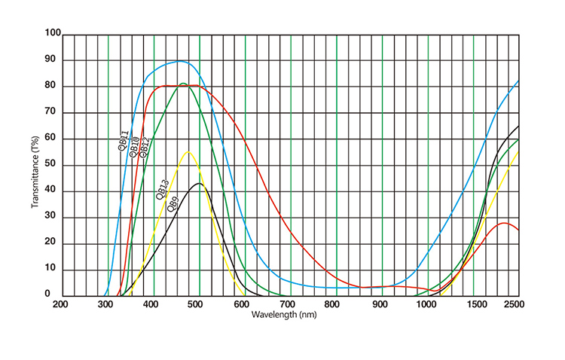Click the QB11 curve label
[x=123, y=140]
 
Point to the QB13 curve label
[x=161, y=190]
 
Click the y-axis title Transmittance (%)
[x=35, y=166]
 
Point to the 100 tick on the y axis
[x=53, y=34]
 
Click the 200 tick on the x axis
[x=61, y=304]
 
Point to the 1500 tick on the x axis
[x=473, y=304]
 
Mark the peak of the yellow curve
[x=188, y=152]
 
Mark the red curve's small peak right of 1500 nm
[x=503, y=223]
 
